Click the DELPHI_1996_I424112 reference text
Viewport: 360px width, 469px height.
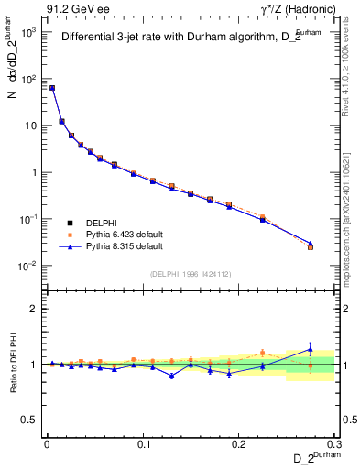click(x=189, y=273)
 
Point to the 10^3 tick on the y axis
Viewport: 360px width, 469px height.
click(x=28, y=32)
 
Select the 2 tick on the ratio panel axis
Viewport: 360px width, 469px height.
click(x=34, y=309)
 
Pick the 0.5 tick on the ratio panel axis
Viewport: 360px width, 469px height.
click(x=30, y=420)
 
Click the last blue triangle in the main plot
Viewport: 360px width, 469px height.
click(x=311, y=244)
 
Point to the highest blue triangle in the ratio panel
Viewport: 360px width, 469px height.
click(x=311, y=348)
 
